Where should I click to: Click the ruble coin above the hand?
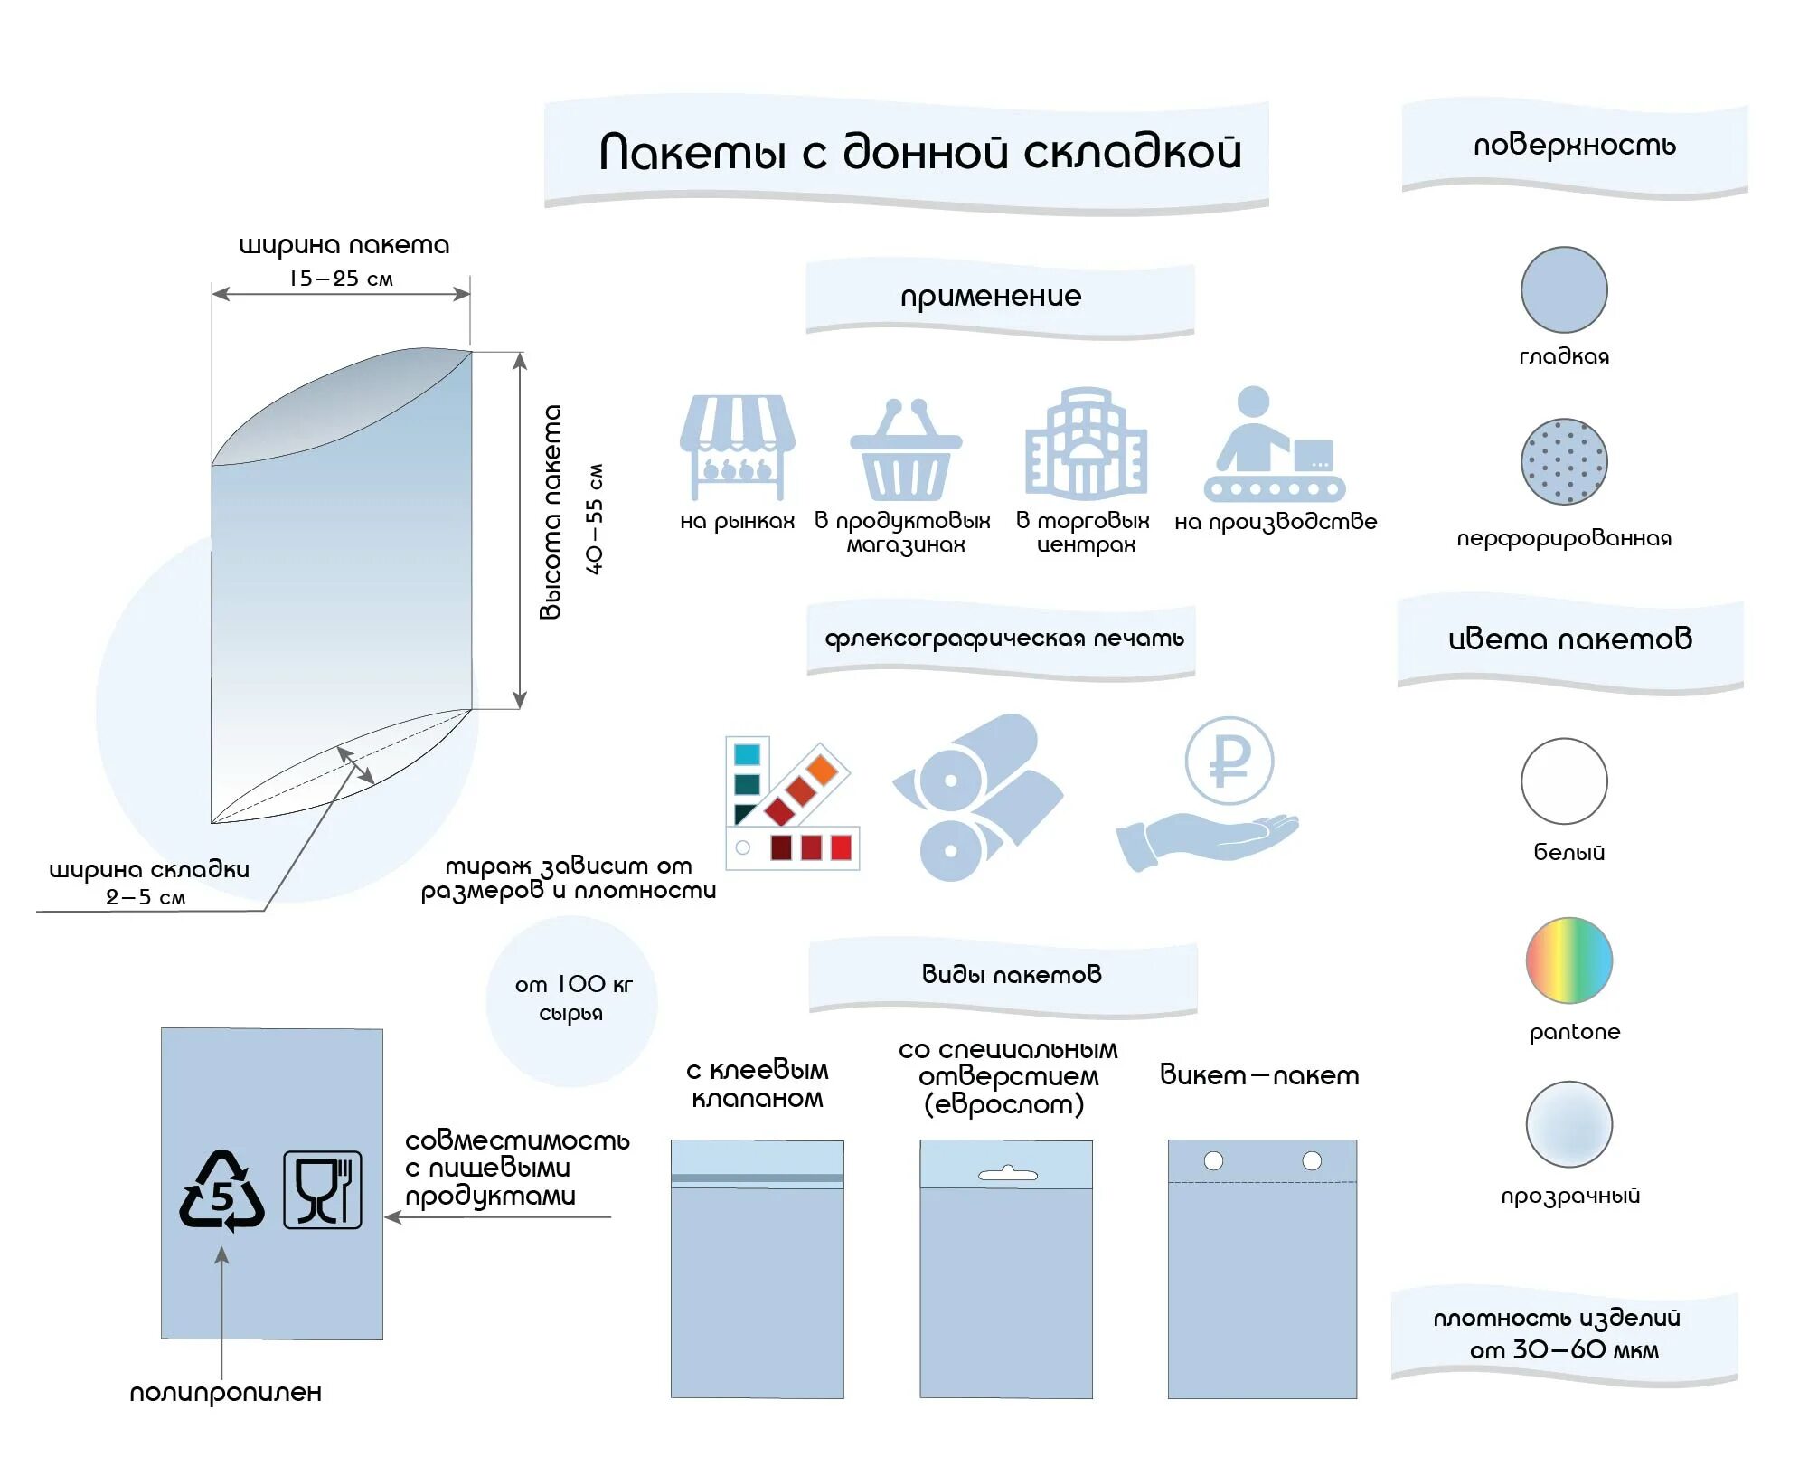point(1229,761)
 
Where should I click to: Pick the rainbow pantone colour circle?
point(1568,960)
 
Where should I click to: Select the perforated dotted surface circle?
point(1564,461)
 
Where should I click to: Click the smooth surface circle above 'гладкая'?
point(1564,289)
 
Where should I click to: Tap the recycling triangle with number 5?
point(221,1192)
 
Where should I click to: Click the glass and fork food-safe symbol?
point(323,1190)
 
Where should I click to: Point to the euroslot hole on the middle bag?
point(1008,1174)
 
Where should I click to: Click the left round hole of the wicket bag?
point(1213,1160)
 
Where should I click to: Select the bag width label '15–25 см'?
point(341,279)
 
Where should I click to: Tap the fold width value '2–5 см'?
point(146,897)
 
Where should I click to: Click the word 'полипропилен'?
point(225,1393)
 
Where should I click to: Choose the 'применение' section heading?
point(991,297)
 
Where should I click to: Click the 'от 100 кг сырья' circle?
point(571,999)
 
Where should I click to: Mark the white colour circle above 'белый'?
point(1564,781)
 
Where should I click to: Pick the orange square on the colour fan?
point(822,770)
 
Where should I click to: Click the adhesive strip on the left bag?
point(757,1178)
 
